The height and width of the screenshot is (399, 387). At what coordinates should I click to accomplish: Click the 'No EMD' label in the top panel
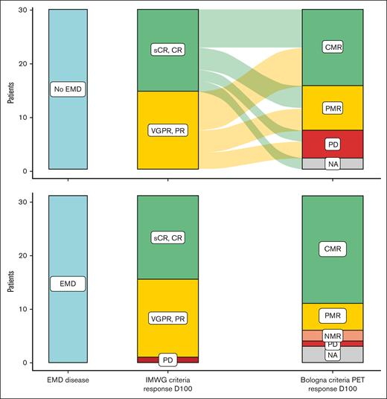(67, 90)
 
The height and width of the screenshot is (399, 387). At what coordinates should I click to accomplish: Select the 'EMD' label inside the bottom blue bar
(67, 283)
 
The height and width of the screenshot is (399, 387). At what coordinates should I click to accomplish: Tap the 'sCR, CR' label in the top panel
(167, 50)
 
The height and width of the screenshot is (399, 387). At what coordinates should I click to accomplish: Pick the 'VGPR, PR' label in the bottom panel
(167, 318)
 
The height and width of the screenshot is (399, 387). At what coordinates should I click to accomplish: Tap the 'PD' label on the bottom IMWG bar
(167, 360)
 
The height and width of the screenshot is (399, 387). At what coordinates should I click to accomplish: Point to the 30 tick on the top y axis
(30, 10)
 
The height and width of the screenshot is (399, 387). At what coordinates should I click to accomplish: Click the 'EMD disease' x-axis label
(67, 380)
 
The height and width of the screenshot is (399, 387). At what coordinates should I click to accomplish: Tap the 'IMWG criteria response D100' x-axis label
(167, 384)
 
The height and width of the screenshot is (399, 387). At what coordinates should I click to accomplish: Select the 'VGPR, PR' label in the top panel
(167, 130)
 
